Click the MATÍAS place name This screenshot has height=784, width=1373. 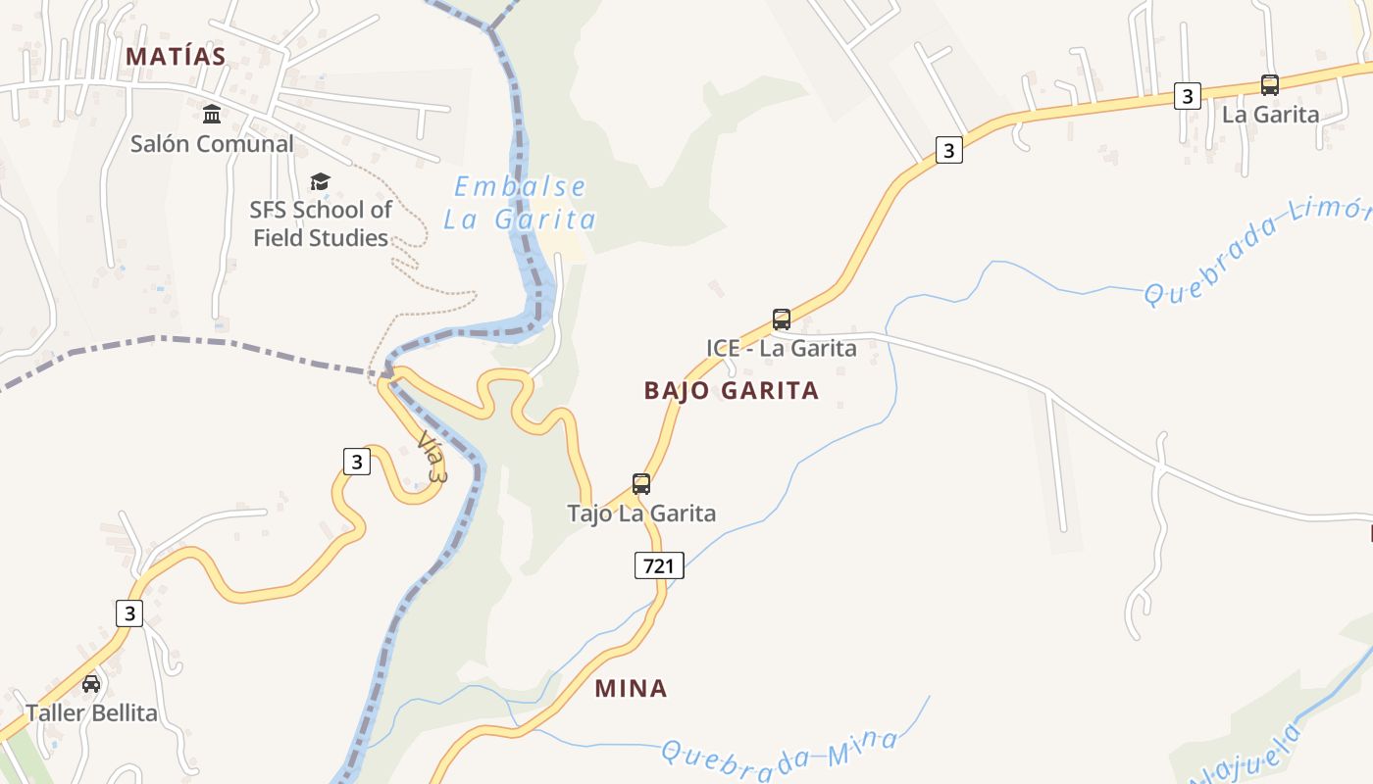(177, 57)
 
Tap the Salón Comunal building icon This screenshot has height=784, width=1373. (212, 114)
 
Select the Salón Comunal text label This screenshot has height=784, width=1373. (212, 144)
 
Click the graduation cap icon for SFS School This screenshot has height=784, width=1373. (320, 181)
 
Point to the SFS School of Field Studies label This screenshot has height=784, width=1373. (321, 223)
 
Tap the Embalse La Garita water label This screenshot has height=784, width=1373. (519, 203)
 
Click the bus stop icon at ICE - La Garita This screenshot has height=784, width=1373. (782, 318)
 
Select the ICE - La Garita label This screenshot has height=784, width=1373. (782, 348)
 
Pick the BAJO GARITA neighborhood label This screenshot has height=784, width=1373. (731, 391)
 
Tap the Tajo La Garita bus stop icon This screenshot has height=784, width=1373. (641, 483)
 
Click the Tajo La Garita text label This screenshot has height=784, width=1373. (641, 513)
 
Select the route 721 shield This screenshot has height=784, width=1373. (658, 565)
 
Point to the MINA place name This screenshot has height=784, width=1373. (631, 689)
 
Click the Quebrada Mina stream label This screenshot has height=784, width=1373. (780, 750)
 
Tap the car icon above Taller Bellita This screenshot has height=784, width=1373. (91, 683)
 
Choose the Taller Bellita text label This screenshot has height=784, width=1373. (91, 712)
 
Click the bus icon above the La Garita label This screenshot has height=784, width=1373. (1270, 84)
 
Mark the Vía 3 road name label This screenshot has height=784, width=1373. (432, 457)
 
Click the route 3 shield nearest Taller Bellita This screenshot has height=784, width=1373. (129, 613)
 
